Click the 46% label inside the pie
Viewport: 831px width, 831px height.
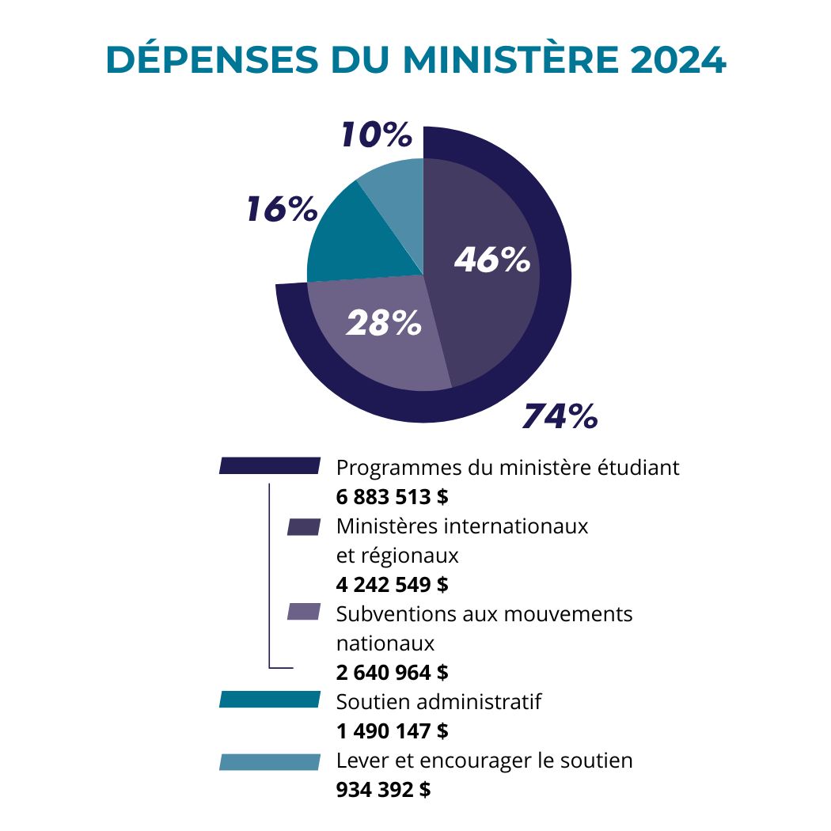point(491,260)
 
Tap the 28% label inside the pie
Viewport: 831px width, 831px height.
point(384,323)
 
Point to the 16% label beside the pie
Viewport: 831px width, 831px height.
point(281,210)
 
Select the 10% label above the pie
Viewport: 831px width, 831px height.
point(376,135)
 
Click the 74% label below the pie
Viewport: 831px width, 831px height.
point(560,416)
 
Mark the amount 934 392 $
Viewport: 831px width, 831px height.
point(384,789)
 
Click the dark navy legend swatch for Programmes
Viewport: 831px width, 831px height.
point(270,466)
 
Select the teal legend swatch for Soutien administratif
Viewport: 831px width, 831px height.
point(270,700)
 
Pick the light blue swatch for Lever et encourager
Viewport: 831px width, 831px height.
point(270,762)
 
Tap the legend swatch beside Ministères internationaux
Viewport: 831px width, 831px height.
point(304,527)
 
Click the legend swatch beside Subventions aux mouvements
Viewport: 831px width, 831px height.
point(304,612)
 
